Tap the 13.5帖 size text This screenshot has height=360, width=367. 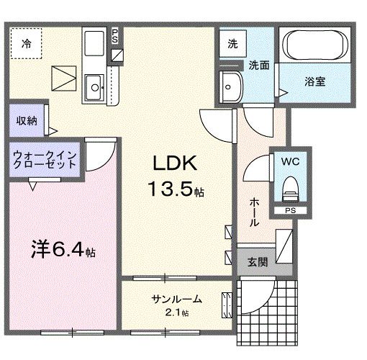tap(175, 190)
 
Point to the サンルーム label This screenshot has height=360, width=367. tap(176, 299)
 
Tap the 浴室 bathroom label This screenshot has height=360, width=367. tap(314, 81)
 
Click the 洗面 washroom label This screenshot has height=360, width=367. tap(259, 64)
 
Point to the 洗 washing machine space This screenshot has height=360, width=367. tap(232, 44)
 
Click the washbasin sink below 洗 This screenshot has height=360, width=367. tap(232, 87)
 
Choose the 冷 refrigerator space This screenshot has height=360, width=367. tap(27, 42)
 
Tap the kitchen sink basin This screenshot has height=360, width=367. tap(94, 91)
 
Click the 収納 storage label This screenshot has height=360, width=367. tap(26, 120)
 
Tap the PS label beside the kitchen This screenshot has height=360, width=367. tap(116, 36)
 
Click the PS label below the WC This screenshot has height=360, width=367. tap(290, 210)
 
